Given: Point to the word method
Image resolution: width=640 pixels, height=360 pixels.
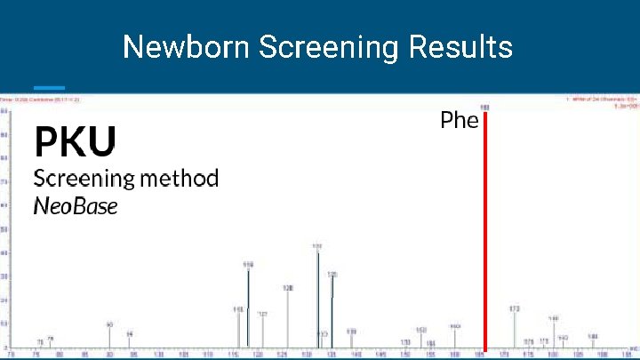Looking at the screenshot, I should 178,178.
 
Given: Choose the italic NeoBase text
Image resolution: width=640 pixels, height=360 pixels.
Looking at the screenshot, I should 76,206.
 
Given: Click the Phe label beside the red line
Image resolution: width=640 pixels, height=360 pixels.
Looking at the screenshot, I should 459,120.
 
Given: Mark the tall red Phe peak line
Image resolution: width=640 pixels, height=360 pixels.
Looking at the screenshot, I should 485,231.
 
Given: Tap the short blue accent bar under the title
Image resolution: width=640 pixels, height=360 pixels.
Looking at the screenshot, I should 49,87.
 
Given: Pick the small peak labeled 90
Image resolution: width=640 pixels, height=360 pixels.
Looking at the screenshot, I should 109,337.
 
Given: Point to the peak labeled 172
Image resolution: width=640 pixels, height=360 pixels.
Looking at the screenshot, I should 515,329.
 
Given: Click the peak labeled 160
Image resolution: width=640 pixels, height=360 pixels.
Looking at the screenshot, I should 454,339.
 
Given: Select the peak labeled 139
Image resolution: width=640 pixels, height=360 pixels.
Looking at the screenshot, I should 351,340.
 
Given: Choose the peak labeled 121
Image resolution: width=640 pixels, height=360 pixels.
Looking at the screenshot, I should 262,331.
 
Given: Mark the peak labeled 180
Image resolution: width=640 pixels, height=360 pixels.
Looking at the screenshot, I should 553,333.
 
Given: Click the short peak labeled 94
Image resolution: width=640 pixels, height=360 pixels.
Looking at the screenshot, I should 129,341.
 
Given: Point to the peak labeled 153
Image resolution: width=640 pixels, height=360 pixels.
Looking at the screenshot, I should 421,339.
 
